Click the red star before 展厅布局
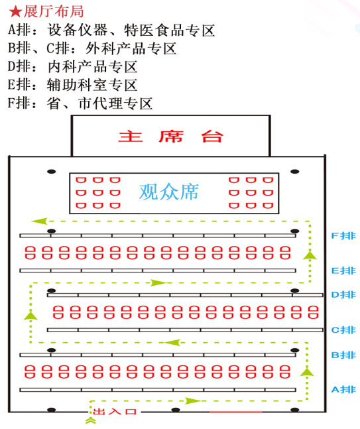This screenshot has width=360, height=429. [x=15, y=12]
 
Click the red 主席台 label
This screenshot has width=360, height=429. [x=171, y=136]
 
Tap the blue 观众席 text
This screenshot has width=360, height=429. [x=169, y=192]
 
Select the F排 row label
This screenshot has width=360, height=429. [x=343, y=235]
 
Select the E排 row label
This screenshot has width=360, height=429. [x=343, y=271]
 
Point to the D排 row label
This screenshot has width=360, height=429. [x=343, y=294]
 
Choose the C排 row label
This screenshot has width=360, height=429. [x=343, y=330]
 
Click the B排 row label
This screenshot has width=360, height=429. [x=343, y=355]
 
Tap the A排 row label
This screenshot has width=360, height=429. [x=343, y=389]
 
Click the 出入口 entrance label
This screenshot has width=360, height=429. [x=115, y=411]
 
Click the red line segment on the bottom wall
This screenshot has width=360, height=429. [x=235, y=412]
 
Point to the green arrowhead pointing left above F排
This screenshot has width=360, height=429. [x=39, y=221]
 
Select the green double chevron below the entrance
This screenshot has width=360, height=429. [x=91, y=420]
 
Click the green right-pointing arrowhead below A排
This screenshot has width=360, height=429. [x=193, y=400]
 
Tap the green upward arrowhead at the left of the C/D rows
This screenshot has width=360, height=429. [x=30, y=316]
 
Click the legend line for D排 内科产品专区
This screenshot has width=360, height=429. [x=72, y=66]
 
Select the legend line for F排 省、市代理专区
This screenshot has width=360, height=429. [x=80, y=103]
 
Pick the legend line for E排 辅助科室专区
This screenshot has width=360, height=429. [x=72, y=85]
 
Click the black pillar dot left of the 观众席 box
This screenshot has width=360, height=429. [x=52, y=172]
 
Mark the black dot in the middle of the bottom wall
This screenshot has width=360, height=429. [x=176, y=410]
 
